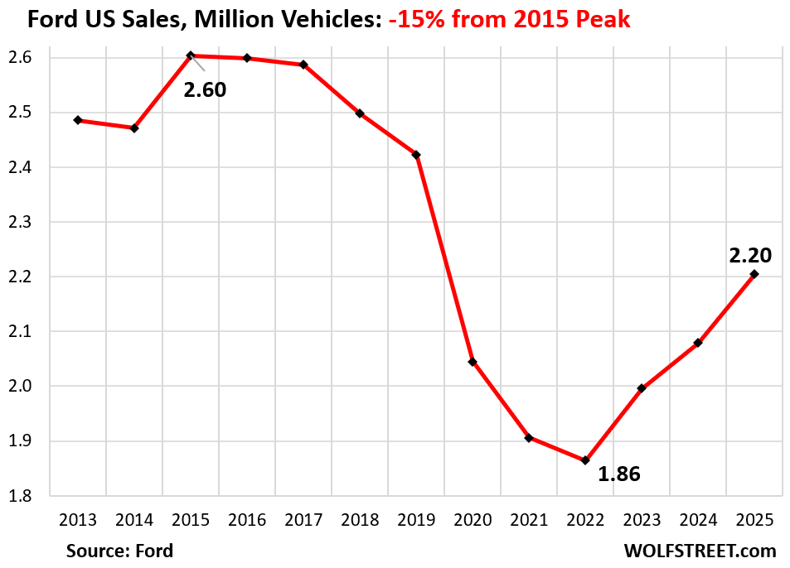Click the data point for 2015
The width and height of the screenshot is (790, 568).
click(x=191, y=55)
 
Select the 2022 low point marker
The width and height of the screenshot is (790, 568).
click(x=585, y=460)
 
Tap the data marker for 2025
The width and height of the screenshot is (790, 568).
click(x=754, y=274)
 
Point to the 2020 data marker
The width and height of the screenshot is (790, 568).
click(x=473, y=362)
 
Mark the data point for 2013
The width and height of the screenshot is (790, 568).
click(x=78, y=120)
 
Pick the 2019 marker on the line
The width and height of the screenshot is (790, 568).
click(x=416, y=155)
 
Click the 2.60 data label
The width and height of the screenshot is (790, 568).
click(x=205, y=89)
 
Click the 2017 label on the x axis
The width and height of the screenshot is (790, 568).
click(x=303, y=520)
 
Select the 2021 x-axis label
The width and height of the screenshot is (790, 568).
click(x=529, y=520)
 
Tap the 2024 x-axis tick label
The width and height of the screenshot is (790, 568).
click(x=698, y=520)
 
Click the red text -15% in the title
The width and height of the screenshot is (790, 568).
click(x=416, y=19)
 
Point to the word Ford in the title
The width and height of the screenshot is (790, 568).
click(x=52, y=19)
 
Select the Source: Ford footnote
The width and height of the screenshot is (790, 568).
click(x=120, y=550)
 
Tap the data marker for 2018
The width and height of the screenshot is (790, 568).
click(x=360, y=113)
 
